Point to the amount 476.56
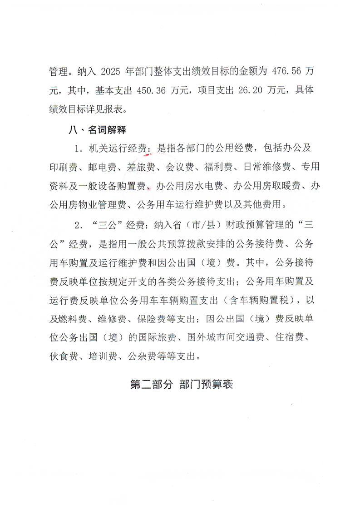coord(285,72)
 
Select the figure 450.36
coord(152,90)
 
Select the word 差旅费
coord(137,167)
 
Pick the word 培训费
coord(105,355)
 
